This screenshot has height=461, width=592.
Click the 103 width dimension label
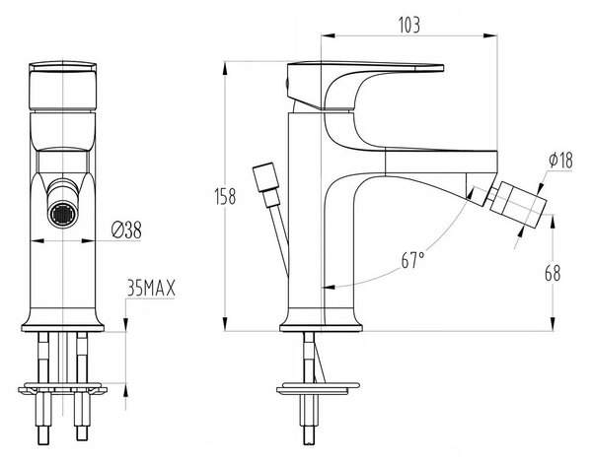408,26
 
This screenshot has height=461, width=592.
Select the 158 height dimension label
225,196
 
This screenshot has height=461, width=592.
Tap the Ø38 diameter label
127,230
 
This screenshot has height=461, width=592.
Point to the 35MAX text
151,289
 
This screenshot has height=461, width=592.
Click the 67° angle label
412,260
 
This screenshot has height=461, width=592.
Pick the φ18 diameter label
560,160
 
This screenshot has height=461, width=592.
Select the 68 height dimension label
553,273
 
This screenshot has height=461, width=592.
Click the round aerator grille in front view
63,215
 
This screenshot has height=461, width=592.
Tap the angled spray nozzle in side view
518,204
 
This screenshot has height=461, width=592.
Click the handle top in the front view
63,66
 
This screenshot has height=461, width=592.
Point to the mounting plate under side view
318,389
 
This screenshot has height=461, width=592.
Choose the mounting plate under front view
63,389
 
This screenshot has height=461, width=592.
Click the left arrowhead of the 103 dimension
328,35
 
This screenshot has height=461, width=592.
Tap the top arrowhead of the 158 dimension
225,69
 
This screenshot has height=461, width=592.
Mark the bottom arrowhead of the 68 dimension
553,324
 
